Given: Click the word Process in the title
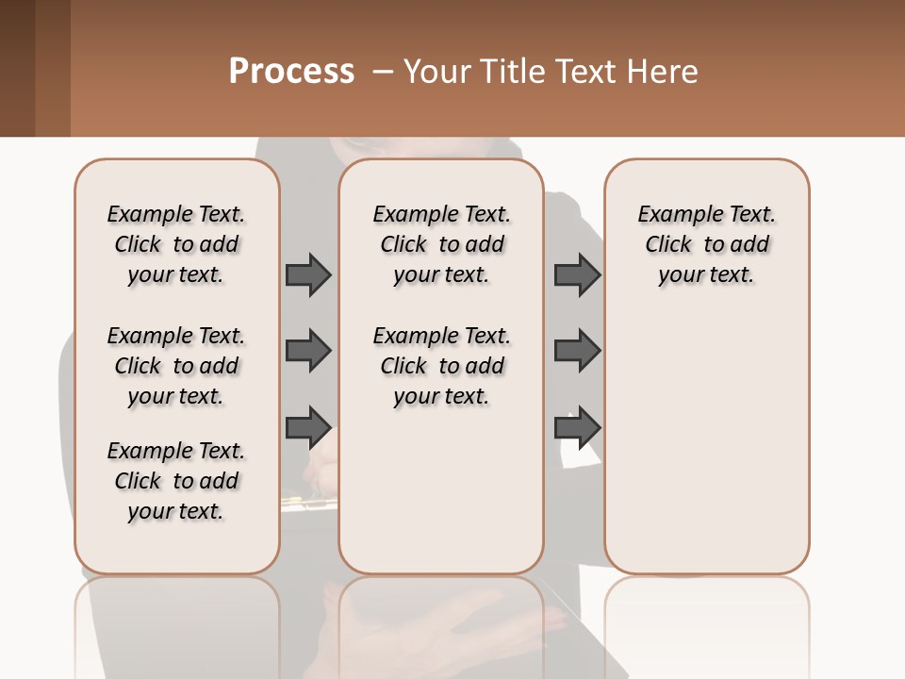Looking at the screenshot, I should click(291, 72).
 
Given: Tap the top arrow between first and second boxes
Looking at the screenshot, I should click(308, 274).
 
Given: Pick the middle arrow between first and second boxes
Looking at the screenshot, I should click(308, 351).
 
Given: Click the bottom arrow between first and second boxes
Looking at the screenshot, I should click(308, 427).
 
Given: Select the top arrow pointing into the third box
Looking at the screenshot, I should click(577, 274).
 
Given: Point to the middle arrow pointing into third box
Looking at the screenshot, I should click(577, 351).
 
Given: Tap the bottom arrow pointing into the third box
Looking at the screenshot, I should click(577, 427).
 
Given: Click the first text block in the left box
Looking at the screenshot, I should click(176, 244).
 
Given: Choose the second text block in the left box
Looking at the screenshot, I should click(176, 366).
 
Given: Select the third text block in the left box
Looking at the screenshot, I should click(176, 481).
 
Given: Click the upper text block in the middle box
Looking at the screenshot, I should click(441, 244).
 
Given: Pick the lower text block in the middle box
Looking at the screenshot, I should click(441, 366).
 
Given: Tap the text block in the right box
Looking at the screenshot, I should click(706, 244).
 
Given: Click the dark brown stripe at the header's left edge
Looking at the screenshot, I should click(17, 68).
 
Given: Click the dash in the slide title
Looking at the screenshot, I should click(383, 72).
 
